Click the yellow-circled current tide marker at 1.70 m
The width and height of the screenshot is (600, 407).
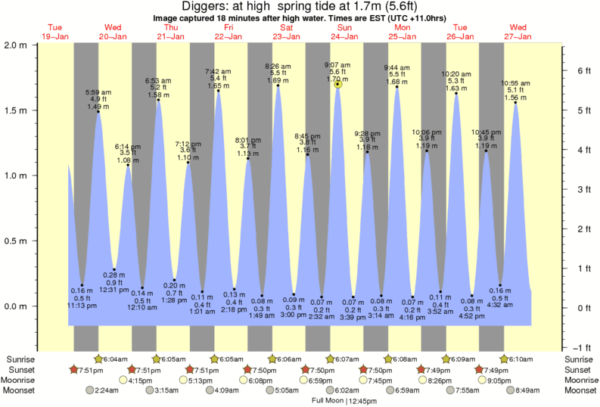337,84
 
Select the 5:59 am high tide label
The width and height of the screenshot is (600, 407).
98,92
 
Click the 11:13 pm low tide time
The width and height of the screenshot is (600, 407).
82,306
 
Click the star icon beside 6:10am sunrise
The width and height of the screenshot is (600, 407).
504,359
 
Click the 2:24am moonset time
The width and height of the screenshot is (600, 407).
107,391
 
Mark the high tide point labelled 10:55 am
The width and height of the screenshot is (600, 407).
516,103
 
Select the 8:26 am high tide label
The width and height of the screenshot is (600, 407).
278,66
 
